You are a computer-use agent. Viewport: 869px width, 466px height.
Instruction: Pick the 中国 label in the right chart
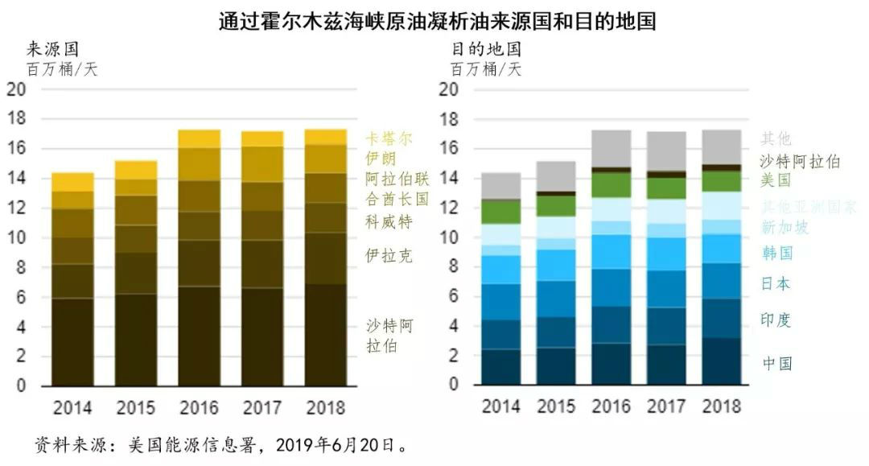[x=777, y=363]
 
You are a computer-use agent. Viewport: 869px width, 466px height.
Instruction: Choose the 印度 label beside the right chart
[x=777, y=320]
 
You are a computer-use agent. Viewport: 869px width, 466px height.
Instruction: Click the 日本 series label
[x=777, y=283]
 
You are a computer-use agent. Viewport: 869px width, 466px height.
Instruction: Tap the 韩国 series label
[x=777, y=254]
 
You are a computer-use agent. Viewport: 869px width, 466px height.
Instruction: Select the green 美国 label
[x=777, y=179]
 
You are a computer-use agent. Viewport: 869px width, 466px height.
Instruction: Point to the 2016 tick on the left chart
[x=198, y=407]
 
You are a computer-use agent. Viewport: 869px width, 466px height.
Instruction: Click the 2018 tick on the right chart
[x=722, y=406]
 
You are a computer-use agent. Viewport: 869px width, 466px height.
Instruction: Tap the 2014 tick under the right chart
[x=500, y=406]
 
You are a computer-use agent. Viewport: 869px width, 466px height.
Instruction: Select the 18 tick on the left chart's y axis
[x=16, y=119]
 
